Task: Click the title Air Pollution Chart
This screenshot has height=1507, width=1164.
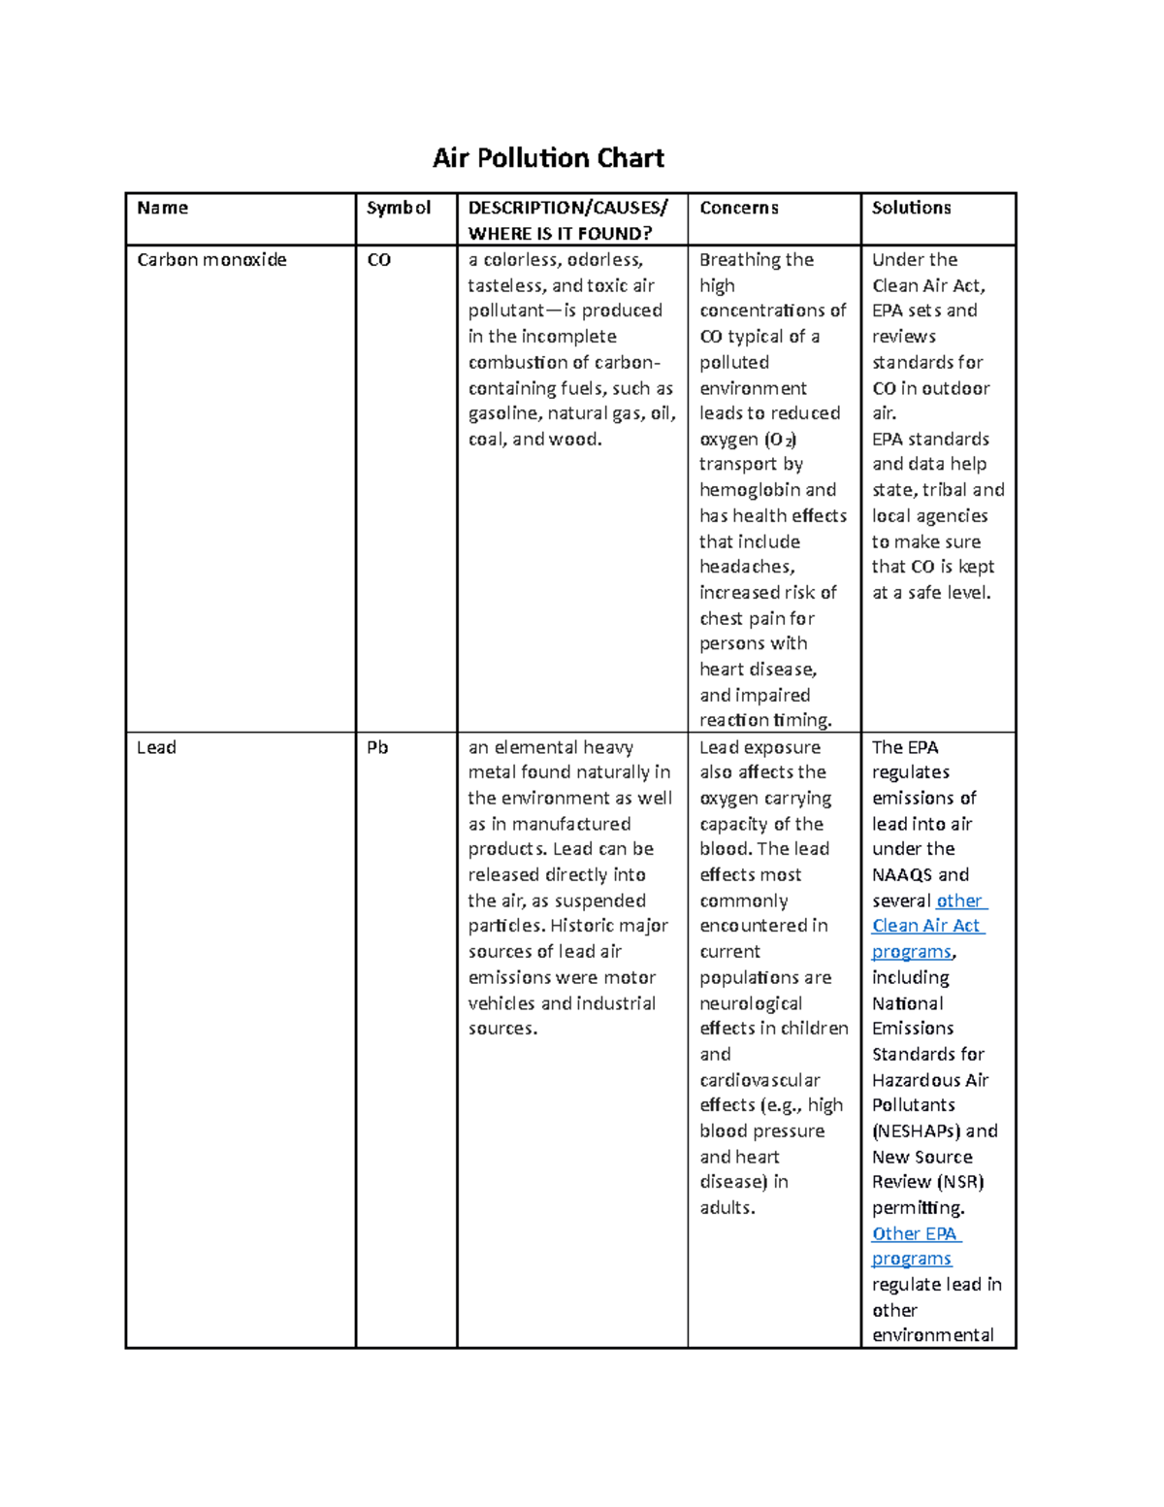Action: point(548,158)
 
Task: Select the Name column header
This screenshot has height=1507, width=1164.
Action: point(163,208)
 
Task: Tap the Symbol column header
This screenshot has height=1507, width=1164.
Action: point(398,208)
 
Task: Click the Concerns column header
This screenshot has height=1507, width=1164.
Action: point(738,208)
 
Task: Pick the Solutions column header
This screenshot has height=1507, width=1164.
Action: point(911,208)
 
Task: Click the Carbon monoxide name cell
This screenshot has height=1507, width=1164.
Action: point(211,260)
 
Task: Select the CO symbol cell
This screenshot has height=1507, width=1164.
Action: point(378,260)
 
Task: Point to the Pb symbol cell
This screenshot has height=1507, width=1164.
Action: point(377,747)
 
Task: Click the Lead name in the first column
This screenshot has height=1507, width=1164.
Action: point(156,747)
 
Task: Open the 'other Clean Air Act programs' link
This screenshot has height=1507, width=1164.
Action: point(927,926)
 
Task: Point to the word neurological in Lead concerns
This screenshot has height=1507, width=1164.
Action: point(751,1003)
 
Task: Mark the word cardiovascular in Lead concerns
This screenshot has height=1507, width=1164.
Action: point(760,1080)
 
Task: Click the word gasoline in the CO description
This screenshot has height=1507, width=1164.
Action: point(504,413)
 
